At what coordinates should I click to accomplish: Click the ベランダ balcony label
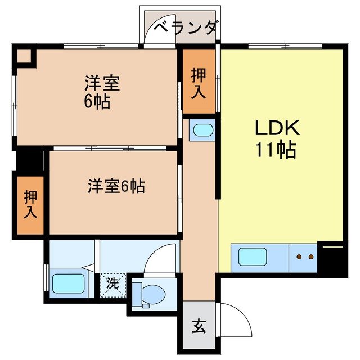185,26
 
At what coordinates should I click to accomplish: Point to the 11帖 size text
276,150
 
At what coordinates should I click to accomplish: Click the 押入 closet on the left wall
30,204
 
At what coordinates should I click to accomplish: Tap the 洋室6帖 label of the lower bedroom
116,186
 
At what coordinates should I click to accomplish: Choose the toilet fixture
150,293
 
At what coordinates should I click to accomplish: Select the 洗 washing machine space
113,283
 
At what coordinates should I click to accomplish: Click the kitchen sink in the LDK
252,257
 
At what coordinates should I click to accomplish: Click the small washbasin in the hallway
201,131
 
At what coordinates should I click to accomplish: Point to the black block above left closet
29,160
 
